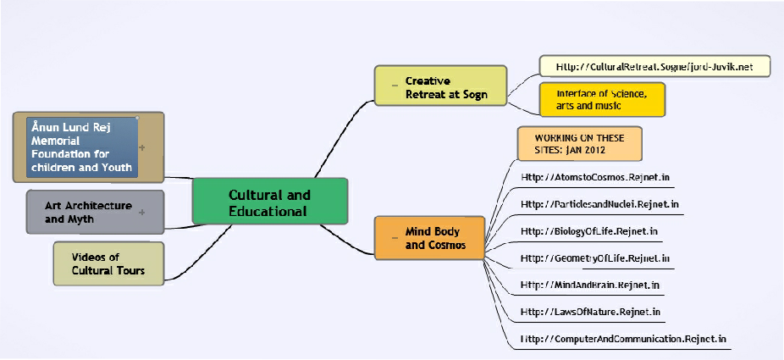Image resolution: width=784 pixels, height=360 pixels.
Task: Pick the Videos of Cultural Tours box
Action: click(108, 263)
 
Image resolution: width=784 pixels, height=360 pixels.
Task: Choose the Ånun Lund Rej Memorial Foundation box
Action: click(82, 147)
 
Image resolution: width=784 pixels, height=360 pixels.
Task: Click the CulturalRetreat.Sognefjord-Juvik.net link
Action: click(654, 65)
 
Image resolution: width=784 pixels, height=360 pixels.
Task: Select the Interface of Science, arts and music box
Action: click(602, 99)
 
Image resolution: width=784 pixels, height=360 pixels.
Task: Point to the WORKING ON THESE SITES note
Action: click(579, 143)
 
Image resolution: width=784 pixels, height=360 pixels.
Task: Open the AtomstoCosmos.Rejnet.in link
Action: click(595, 178)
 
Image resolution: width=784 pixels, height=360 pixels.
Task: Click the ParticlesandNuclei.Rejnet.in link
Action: click(599, 204)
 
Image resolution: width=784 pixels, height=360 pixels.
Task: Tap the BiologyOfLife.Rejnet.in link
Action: click(589, 230)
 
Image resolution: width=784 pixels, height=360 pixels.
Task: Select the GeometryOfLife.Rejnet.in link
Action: click(595, 258)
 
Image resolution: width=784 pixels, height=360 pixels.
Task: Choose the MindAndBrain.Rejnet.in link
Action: click(591, 285)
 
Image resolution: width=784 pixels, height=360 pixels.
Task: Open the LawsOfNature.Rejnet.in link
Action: click(590, 312)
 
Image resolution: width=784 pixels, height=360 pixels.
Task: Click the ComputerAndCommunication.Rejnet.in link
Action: click(624, 339)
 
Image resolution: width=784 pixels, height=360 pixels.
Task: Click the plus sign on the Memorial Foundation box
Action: click(141, 147)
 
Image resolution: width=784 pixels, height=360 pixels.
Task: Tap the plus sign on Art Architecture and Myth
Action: click(141, 212)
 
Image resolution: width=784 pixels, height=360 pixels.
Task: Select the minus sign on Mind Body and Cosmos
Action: click(394, 238)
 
